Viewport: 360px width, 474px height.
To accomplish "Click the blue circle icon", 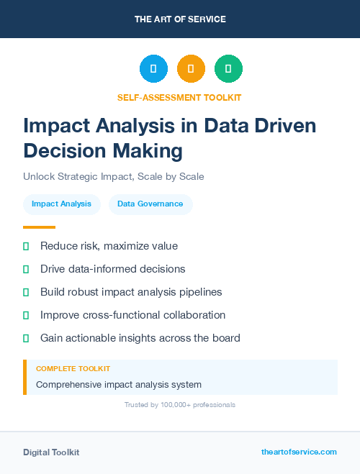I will pyautogui.click(x=153, y=69).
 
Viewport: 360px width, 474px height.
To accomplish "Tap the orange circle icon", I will pyautogui.click(x=191, y=69).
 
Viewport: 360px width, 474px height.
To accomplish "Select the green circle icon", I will pyautogui.click(x=228, y=69).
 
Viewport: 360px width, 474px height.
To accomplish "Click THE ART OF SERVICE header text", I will pyautogui.click(x=180, y=19).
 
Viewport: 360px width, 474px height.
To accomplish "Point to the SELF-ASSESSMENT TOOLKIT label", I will pyautogui.click(x=180, y=97).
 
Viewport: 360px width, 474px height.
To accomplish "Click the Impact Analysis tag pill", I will pyautogui.click(x=61, y=204).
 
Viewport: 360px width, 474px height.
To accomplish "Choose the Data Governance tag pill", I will pyautogui.click(x=150, y=204).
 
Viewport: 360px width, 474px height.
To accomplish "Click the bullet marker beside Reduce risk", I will pyautogui.click(x=26, y=246).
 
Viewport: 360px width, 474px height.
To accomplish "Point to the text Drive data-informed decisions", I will pyautogui.click(x=112, y=269).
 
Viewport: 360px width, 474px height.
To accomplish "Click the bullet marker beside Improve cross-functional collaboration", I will pyautogui.click(x=26, y=315).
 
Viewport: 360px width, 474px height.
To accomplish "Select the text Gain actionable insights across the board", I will pyautogui.click(x=140, y=338).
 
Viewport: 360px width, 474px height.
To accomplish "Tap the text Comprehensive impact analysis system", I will pyautogui.click(x=118, y=384).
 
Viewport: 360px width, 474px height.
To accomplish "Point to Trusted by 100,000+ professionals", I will pyautogui.click(x=180, y=405).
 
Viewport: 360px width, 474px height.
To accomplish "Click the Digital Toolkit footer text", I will pyautogui.click(x=51, y=452).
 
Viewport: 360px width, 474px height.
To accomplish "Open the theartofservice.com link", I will pyautogui.click(x=299, y=452).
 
